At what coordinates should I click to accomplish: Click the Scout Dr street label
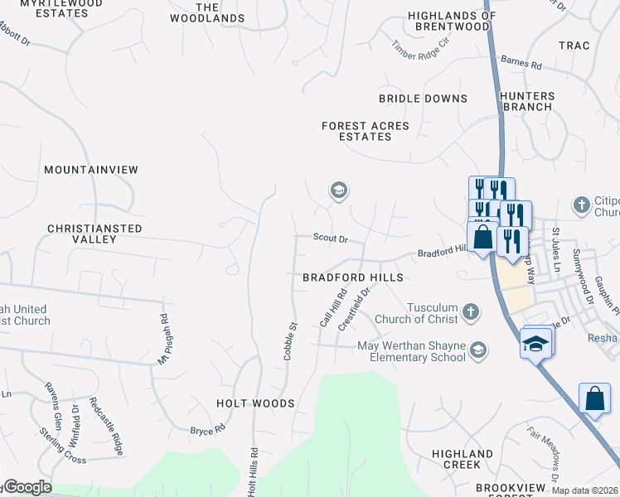tap(330, 238)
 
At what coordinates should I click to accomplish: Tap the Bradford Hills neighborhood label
tap(352, 277)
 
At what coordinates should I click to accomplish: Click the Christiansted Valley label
tap(94, 234)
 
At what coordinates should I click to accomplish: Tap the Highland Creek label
tap(463, 460)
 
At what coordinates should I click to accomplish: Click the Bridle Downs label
tap(423, 99)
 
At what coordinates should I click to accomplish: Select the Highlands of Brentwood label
tap(452, 21)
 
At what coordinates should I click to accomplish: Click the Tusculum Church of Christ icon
tap(471, 311)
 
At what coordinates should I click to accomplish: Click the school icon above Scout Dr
tap(338, 191)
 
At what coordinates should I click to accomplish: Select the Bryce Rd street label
tap(207, 430)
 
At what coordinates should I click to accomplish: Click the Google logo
tap(27, 487)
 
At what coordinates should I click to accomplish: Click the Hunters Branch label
tap(526, 101)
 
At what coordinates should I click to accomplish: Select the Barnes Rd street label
tap(521, 62)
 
